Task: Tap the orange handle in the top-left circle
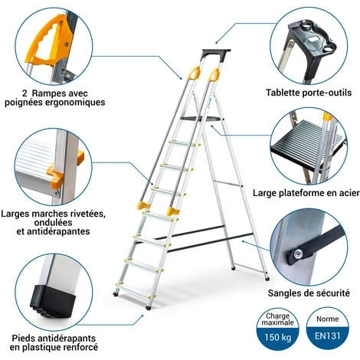coord(51,42)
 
